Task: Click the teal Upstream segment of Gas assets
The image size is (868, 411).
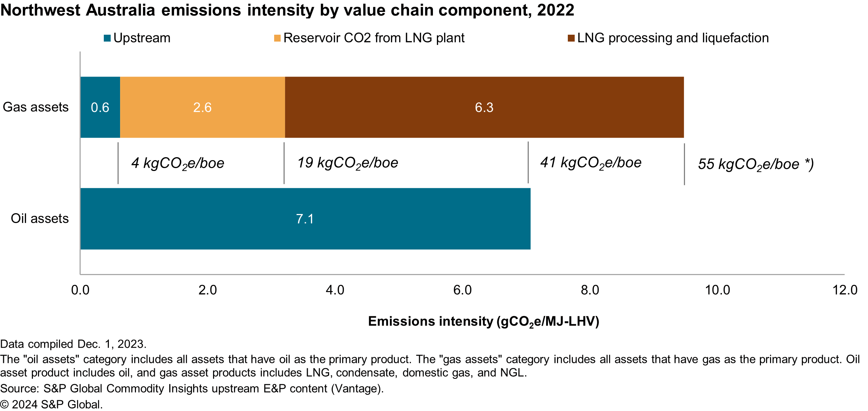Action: [x=100, y=107]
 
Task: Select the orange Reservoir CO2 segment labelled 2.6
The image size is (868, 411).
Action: [x=202, y=107]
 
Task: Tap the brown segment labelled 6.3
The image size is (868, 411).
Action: [x=484, y=107]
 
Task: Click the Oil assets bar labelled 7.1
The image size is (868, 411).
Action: [x=305, y=219]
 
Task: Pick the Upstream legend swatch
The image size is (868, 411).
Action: [x=107, y=38]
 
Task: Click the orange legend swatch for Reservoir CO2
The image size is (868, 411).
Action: [x=277, y=38]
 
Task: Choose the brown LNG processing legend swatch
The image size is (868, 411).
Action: [x=571, y=38]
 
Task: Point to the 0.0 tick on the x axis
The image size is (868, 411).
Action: [x=80, y=290]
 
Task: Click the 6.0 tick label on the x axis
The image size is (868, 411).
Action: [x=463, y=290]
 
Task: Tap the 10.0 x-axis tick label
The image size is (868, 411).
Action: [x=718, y=290]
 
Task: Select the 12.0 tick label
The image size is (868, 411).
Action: [x=845, y=290]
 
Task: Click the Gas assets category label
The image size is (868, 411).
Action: [x=35, y=107]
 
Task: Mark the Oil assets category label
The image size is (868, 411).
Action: [x=39, y=219]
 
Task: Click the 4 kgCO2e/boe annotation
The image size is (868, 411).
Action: [x=178, y=163]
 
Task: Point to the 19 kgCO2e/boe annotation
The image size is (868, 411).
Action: [x=348, y=163]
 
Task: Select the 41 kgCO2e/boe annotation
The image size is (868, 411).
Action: [x=591, y=163]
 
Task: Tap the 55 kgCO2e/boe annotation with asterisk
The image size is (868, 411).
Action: [x=756, y=164]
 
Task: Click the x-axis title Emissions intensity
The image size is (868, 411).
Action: [x=484, y=321]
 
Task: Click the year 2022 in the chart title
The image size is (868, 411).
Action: [x=556, y=10]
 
